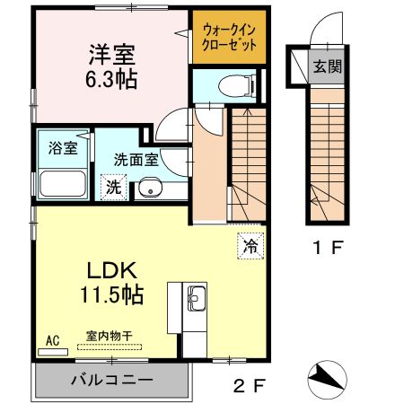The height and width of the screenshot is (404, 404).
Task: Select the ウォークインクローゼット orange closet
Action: coord(229,37)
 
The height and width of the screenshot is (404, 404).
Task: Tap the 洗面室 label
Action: coord(136,160)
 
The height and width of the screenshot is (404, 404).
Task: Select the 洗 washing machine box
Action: coord(113,187)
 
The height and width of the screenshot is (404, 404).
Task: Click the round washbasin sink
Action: coord(150,189)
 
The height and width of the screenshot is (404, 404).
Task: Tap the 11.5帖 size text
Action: coord(113,294)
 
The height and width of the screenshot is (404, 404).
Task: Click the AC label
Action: coord(52,340)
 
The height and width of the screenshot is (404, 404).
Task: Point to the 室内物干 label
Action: coord(109,335)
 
